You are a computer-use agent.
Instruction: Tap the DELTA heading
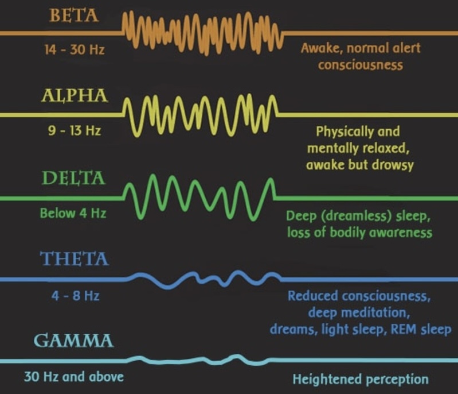pyautogui.click(x=74, y=179)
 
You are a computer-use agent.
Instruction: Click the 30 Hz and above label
pyautogui.click(x=73, y=378)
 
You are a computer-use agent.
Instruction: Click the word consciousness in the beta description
pyautogui.click(x=361, y=64)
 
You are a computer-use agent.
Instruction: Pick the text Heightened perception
pyautogui.click(x=361, y=379)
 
